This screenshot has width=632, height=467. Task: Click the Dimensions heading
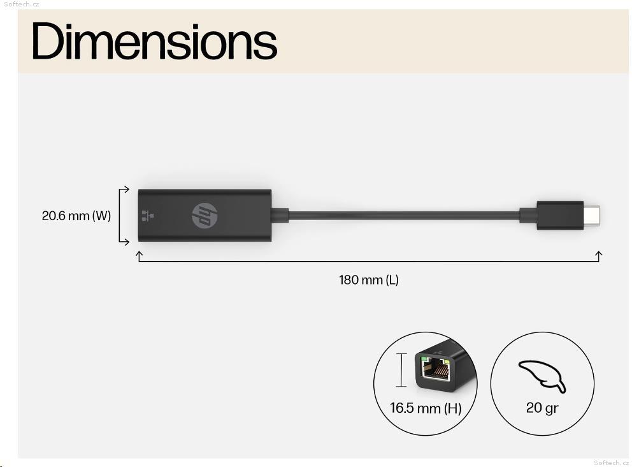pyautogui.click(x=154, y=41)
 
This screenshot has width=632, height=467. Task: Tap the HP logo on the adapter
pyautogui.click(x=205, y=216)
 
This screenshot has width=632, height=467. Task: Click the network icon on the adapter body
pyautogui.click(x=148, y=216)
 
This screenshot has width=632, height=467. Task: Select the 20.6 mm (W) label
pyautogui.click(x=76, y=216)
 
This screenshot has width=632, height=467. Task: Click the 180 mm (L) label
pyautogui.click(x=368, y=279)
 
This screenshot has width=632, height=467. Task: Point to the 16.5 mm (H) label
pyautogui.click(x=426, y=408)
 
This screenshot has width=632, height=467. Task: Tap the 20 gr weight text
pyautogui.click(x=542, y=408)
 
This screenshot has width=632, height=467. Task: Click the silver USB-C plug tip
pyautogui.click(x=591, y=216)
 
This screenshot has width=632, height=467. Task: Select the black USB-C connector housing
pyautogui.click(x=560, y=216)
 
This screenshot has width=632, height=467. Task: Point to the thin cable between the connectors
pyautogui.click(x=404, y=215)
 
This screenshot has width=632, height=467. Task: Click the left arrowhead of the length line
pyautogui.click(x=139, y=255)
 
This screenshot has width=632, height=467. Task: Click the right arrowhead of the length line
pyautogui.click(x=598, y=255)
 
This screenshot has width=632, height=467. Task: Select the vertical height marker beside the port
pyautogui.click(x=401, y=370)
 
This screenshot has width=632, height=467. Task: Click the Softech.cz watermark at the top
pyautogui.click(x=22, y=4)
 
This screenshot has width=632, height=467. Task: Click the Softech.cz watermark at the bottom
pyautogui.click(x=611, y=463)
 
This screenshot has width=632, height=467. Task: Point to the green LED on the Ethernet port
pyautogui.click(x=424, y=359)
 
